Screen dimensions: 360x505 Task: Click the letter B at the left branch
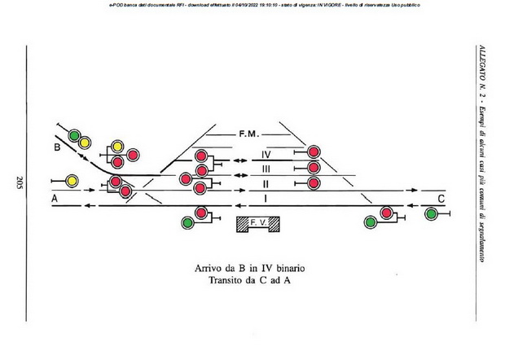point(57,147)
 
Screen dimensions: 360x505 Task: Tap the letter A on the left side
point(55,199)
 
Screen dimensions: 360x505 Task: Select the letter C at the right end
point(441,199)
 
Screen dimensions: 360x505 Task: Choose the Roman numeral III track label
point(266,169)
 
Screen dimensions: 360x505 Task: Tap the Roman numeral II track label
point(266,183)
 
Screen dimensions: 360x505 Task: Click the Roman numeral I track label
point(266,198)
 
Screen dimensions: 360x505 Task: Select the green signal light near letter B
point(74,135)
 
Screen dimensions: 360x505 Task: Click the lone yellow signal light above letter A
point(72,180)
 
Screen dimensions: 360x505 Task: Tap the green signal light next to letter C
point(430,213)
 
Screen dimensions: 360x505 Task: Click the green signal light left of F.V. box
point(187,221)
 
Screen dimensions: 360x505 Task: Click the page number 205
point(18,182)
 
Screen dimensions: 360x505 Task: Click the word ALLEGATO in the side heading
point(481,63)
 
